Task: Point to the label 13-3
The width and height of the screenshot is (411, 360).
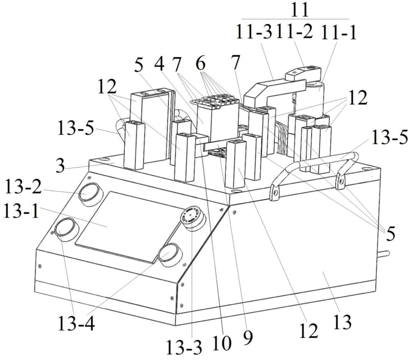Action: tap(184, 348)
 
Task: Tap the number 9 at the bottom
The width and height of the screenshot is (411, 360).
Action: tap(248, 338)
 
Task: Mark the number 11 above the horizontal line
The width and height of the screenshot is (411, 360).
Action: tap(300, 10)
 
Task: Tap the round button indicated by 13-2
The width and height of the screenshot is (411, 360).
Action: tap(90, 192)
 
